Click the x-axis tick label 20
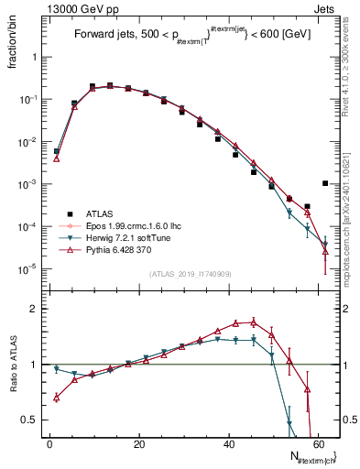[138, 444]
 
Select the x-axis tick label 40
[228, 444]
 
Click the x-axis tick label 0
[49, 444]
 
